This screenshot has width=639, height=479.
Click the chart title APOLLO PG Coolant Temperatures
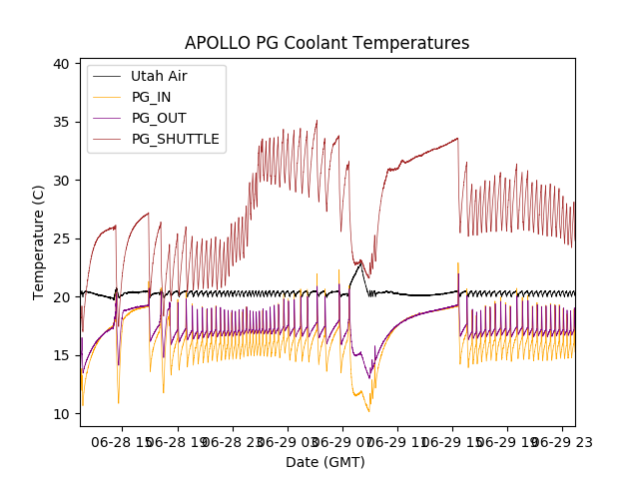pos(326,43)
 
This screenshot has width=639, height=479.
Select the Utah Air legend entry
pos(159,76)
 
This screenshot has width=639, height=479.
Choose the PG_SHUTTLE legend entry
pos(175,139)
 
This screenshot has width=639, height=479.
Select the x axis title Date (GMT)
pos(325,462)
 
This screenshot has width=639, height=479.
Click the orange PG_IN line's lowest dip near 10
pos(368,411)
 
